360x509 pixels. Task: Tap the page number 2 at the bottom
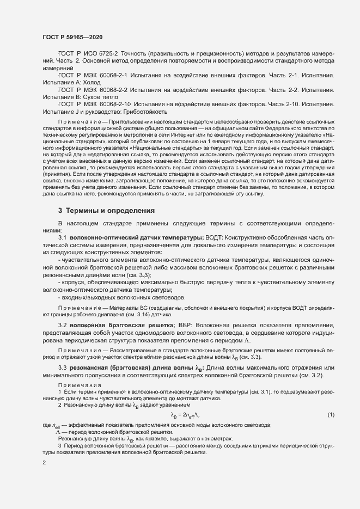coord(44,463)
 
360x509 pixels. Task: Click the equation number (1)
coord(331,415)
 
